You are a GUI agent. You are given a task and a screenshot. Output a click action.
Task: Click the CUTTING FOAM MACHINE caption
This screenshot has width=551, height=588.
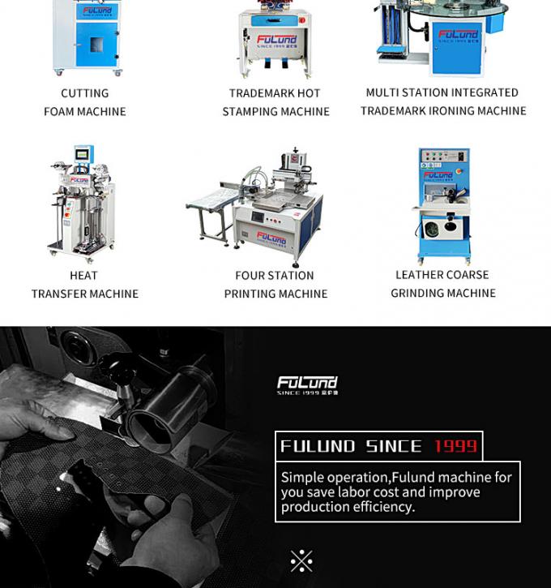(84, 102)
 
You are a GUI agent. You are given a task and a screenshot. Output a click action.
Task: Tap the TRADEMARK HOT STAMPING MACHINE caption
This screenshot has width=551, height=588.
(275, 102)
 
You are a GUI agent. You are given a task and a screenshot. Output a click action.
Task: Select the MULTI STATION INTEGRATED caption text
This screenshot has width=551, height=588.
(442, 92)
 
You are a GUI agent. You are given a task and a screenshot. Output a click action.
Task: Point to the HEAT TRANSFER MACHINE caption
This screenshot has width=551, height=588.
(84, 285)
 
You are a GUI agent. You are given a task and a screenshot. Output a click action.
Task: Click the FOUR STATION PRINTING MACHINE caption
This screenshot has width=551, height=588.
(275, 285)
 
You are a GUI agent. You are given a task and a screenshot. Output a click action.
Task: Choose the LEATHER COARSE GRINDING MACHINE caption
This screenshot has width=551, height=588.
(442, 284)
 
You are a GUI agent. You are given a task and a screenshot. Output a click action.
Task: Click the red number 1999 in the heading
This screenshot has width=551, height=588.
(455, 446)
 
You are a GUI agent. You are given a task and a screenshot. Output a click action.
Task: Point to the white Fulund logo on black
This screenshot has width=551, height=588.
(307, 384)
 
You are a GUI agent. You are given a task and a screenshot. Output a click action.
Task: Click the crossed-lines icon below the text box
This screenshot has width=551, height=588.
(301, 560)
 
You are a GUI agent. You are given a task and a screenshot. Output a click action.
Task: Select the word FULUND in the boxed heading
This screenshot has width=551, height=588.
(318, 446)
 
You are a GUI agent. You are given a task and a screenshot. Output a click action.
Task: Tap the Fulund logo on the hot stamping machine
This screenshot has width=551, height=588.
(276, 40)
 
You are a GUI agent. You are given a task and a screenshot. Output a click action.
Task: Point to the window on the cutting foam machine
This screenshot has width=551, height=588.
(96, 43)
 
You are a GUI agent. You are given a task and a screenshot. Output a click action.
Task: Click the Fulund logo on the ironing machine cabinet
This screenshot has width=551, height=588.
(458, 36)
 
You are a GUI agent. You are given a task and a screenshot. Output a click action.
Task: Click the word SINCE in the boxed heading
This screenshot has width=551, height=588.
(393, 446)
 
